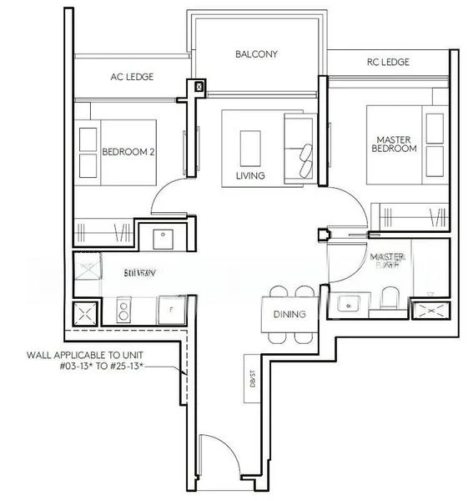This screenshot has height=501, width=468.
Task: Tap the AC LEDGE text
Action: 131,77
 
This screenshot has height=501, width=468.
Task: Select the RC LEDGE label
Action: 387,63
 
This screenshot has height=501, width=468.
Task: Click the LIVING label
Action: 250,176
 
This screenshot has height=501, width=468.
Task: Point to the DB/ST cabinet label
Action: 249,367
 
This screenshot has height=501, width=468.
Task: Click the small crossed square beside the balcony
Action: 199,86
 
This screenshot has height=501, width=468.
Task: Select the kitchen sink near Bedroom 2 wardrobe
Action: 162,235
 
